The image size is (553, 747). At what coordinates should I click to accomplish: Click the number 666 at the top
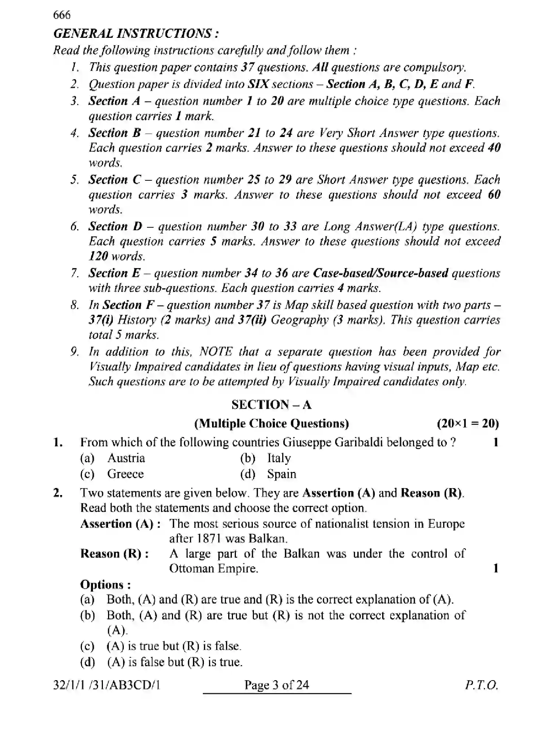[62, 15]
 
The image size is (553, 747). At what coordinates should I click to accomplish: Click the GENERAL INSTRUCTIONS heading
[136, 34]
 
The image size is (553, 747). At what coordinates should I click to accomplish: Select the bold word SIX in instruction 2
[259, 84]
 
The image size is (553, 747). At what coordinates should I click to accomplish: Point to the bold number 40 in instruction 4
[494, 148]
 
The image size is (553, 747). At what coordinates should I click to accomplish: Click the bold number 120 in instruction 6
[98, 256]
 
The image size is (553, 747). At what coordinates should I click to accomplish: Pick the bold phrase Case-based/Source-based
[380, 273]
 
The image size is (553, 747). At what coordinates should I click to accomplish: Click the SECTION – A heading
[272, 405]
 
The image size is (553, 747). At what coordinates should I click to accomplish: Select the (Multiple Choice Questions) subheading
[272, 424]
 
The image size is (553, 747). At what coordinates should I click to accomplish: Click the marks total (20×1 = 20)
[468, 424]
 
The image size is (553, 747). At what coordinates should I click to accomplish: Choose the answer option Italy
[279, 458]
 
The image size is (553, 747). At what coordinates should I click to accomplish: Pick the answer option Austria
[126, 458]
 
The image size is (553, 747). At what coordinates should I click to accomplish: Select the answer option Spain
[281, 474]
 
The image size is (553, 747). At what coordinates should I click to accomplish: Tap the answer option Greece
[125, 474]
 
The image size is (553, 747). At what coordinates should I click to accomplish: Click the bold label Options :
[105, 585]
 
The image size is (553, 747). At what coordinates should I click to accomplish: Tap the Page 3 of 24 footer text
[277, 685]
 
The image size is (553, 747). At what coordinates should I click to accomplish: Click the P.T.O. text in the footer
[481, 685]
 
